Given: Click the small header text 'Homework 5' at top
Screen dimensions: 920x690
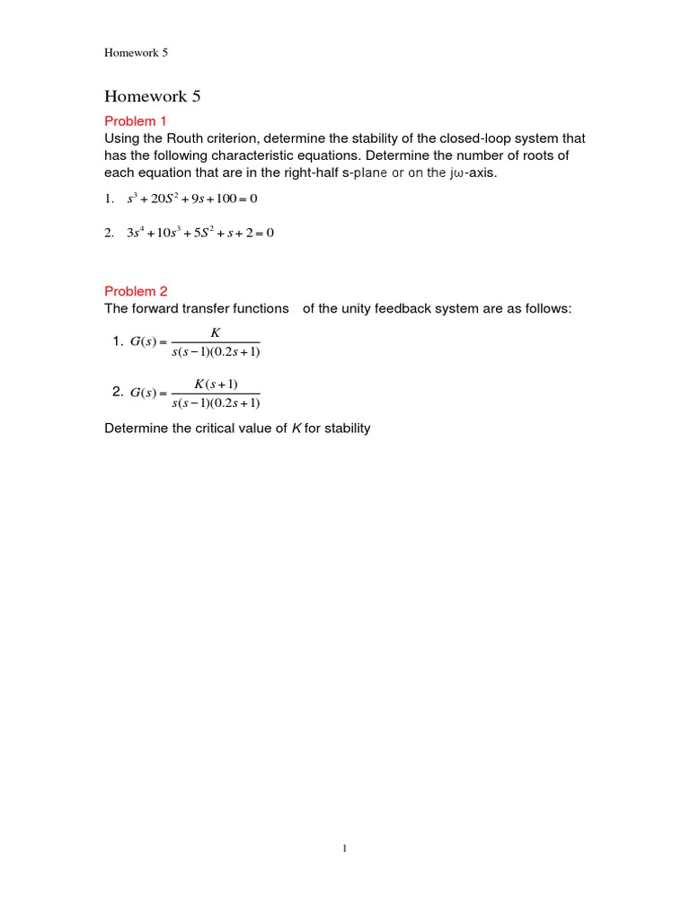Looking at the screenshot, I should (136, 53).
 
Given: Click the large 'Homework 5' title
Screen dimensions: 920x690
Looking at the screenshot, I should (152, 97).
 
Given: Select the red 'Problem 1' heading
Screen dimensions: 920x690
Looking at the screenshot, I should (136, 120).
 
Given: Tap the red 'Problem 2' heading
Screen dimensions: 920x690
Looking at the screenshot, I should (136, 291).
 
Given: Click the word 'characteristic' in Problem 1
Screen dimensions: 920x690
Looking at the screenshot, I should (269, 155).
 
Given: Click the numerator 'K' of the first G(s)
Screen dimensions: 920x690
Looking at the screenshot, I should (215, 333).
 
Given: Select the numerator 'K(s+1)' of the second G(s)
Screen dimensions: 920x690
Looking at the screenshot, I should (216, 384).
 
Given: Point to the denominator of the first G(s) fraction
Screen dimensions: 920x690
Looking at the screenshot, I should (216, 351).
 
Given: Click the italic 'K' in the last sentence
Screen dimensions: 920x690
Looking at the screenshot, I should (296, 429).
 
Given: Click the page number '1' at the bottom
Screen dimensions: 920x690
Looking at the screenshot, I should (345, 847).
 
